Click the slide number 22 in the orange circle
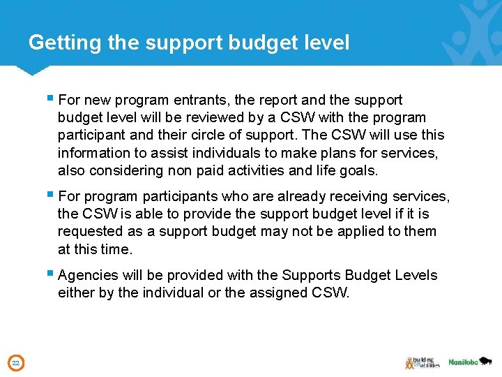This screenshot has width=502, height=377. click(15, 362)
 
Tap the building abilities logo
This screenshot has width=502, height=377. click(422, 362)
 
